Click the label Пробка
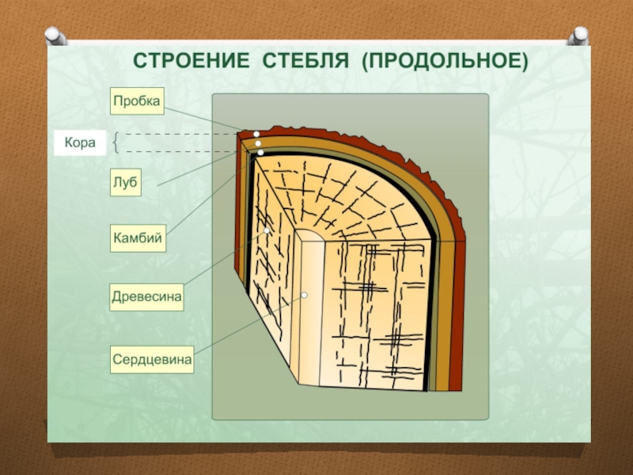pos(136,101)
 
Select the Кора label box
pos(79,143)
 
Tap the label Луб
pos(125,183)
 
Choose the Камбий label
pos(138,237)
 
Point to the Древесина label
pos(147,298)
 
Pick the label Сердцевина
pos(153,360)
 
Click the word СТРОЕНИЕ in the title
pos(184,60)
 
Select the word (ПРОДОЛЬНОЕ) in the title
pos(445,60)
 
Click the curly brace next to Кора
pos(117,143)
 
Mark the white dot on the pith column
pos(304,296)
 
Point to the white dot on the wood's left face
pos(269,230)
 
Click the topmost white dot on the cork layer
pos(257,134)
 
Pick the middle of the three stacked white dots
pos(258,142)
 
